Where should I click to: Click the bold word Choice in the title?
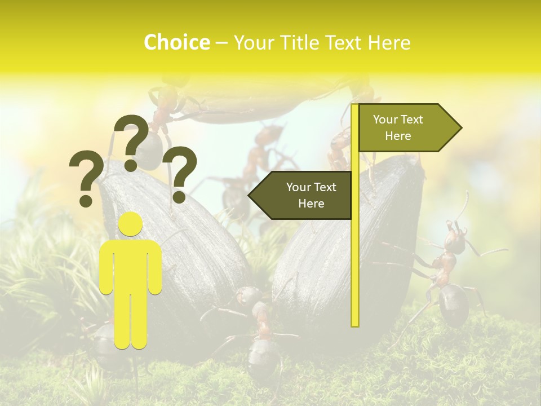click(x=176, y=43)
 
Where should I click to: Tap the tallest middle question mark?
click(x=132, y=142)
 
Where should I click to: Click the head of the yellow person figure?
click(x=131, y=224)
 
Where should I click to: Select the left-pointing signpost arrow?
click(x=302, y=195)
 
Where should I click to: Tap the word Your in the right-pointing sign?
click(x=386, y=120)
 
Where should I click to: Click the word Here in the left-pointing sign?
click(x=311, y=204)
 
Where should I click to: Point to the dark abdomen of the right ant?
click(x=454, y=304)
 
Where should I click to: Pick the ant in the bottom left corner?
click(x=101, y=344)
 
